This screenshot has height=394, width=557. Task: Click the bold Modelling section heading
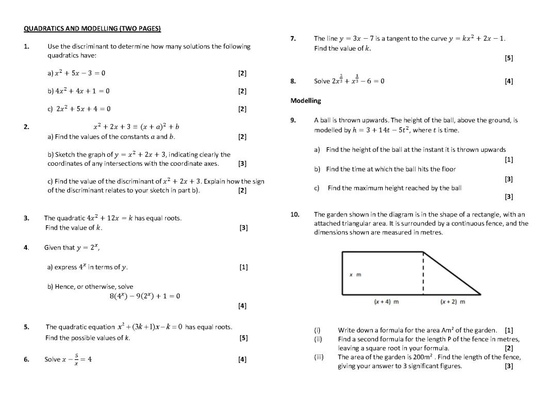tap(305, 100)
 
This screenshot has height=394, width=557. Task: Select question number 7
tap(293, 38)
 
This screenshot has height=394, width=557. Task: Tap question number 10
tap(294, 214)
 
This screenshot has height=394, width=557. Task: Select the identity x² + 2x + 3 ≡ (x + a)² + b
tap(136, 127)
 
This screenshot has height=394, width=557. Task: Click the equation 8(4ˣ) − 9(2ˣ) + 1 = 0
tap(144, 296)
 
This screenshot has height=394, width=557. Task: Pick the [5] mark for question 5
tap(243, 338)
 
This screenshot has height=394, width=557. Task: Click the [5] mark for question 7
tap(509, 58)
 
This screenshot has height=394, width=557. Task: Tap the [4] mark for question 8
tap(509, 81)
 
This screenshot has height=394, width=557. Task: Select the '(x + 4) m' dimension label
tap(386, 302)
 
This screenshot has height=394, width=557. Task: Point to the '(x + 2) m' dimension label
tap(453, 302)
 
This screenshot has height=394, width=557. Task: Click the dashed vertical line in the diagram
tap(423, 274)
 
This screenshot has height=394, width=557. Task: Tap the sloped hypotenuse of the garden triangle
tap(452, 274)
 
